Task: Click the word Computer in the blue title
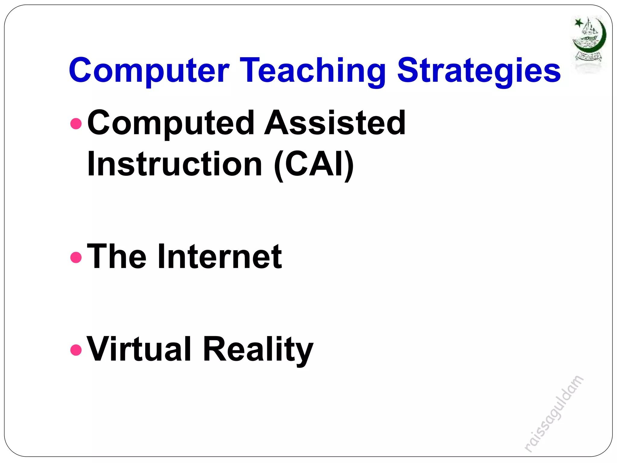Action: [x=149, y=71]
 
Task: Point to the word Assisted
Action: [x=335, y=123]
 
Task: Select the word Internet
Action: [x=220, y=257]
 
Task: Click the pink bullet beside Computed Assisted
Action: [x=76, y=124]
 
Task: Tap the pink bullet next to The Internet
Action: [x=76, y=257]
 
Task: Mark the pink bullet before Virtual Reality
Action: [x=76, y=350]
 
